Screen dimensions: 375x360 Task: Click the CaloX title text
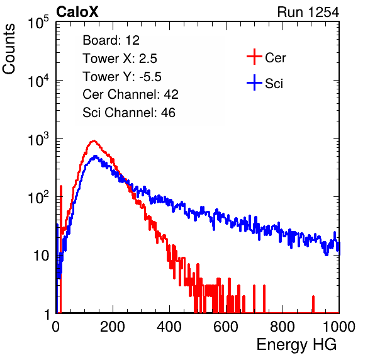pos(77,12)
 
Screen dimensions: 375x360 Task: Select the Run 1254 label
pos(308,12)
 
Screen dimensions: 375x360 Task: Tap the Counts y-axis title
pos(9,49)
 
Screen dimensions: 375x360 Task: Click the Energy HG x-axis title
pos(296,344)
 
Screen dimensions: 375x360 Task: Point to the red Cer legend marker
pos(254,57)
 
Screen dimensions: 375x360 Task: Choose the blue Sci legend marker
pos(254,82)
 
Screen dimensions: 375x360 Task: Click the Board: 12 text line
pos(111,40)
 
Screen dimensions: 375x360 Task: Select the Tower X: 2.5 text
pos(120,59)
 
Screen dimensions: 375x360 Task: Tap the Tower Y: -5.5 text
pos(122,77)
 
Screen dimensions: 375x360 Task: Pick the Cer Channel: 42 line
pos(130,94)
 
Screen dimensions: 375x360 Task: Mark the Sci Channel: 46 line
pos(129,113)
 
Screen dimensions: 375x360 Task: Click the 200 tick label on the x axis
pos(113,327)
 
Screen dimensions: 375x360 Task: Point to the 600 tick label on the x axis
pos(226,327)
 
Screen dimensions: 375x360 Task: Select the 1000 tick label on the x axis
pos(339,327)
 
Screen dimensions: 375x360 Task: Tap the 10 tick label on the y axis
pos(42,256)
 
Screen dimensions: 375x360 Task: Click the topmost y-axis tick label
pos(38,23)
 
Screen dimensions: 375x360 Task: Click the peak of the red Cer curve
pos(94,141)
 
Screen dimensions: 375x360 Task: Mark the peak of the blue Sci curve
pos(95,157)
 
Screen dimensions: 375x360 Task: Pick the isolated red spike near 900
pos(313,304)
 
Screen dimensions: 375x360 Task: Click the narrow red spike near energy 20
pos(61,225)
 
